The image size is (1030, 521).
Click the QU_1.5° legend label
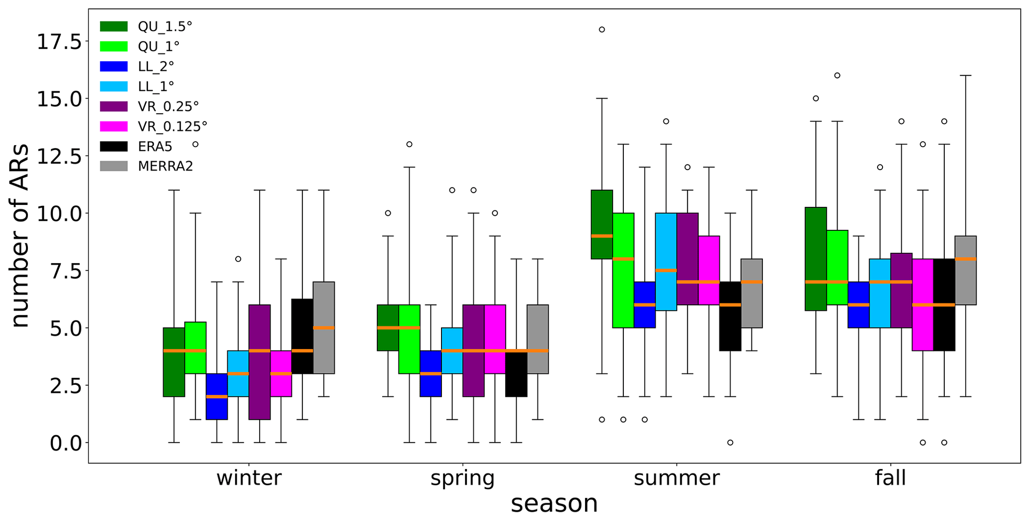tap(165, 26)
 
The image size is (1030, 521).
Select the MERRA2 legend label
tap(165, 166)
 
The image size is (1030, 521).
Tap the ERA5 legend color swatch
tap(114, 146)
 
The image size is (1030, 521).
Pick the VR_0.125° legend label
tap(172, 126)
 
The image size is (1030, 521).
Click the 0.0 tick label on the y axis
tap(66, 443)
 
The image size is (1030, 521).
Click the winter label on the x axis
tap(249, 478)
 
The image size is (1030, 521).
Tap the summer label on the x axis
tap(676, 478)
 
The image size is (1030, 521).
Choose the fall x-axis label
tap(890, 478)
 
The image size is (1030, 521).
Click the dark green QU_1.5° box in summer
tap(601, 224)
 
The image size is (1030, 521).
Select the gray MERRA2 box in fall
tap(965, 270)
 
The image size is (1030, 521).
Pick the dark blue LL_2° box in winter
tap(217, 396)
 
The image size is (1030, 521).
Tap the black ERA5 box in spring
tap(516, 373)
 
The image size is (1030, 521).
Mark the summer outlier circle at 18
tap(602, 29)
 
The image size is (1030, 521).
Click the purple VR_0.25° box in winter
tap(260, 362)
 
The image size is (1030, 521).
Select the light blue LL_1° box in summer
tap(666, 262)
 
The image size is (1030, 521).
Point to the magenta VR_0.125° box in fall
tap(922, 305)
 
